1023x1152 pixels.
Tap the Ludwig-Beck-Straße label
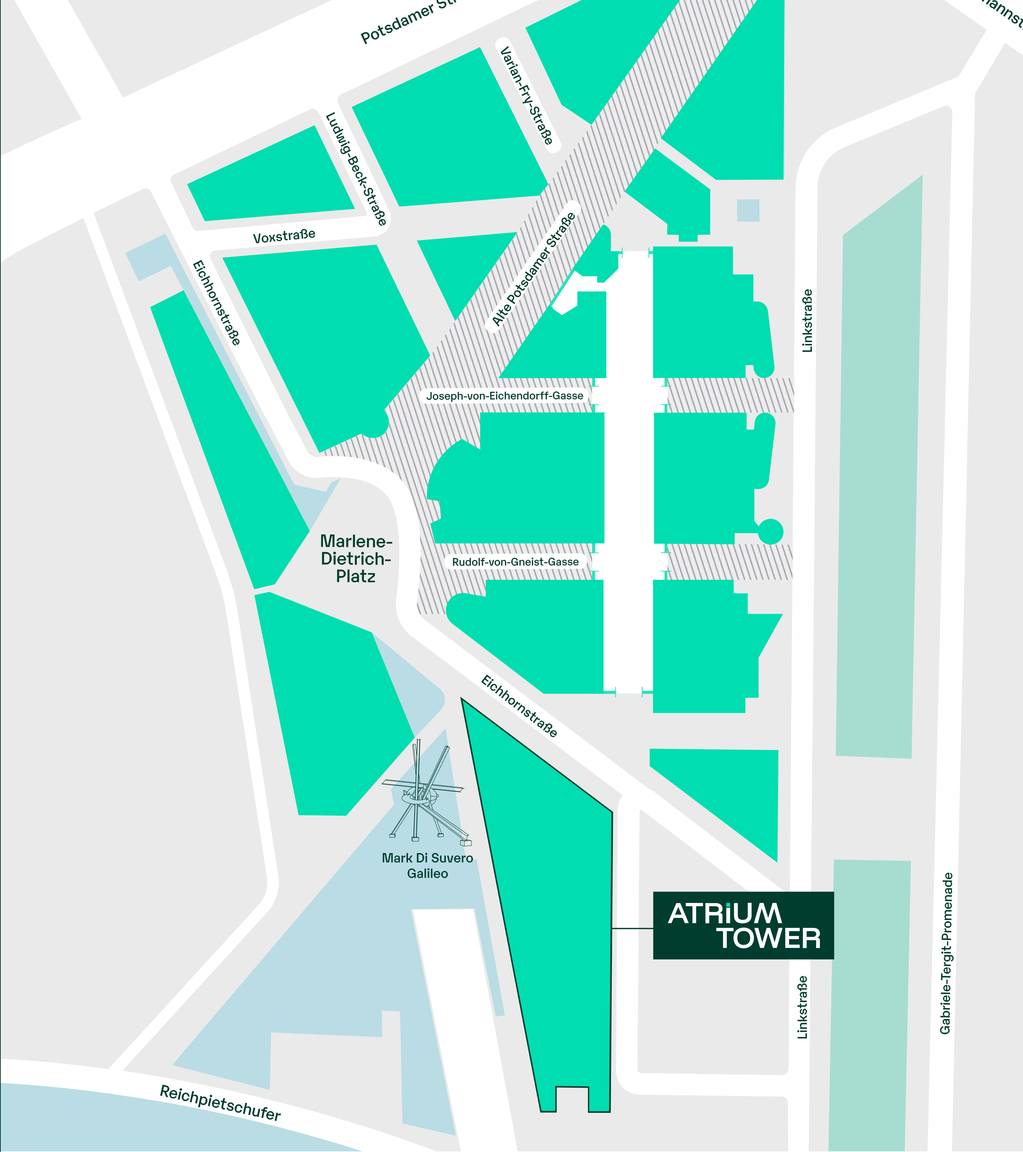[x=356, y=169]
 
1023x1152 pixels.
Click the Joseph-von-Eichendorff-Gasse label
[x=505, y=396]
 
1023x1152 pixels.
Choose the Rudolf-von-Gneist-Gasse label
[x=515, y=562]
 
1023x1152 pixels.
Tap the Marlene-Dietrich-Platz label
[x=356, y=559]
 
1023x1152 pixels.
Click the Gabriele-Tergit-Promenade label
[x=946, y=953]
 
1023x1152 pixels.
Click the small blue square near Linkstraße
[x=748, y=210]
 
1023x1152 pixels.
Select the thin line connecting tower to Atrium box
[x=632, y=928]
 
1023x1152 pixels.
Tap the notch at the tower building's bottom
[x=572, y=1099]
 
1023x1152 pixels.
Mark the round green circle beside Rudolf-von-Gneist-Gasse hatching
[x=771, y=531]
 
